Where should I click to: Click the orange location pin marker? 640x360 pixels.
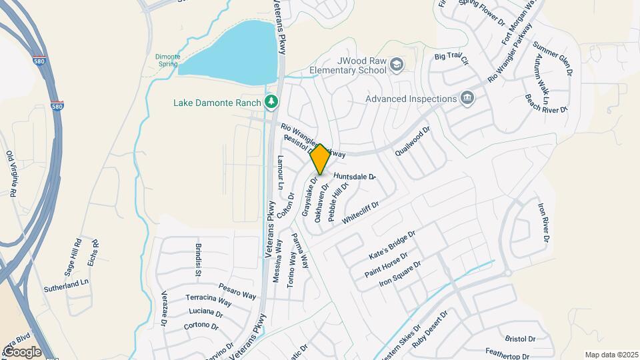[321, 159]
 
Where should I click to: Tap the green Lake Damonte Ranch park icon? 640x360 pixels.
[271, 102]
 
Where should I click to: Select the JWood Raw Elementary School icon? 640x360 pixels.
[397, 65]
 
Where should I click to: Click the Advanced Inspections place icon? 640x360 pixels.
[467, 99]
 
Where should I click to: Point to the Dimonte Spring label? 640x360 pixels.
[167, 60]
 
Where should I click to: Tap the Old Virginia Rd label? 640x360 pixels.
[11, 173]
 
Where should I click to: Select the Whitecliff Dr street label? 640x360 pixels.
[360, 213]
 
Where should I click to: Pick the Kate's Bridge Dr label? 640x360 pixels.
[392, 246]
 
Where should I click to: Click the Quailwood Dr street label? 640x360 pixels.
[413, 141]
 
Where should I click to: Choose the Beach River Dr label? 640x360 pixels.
[546, 102]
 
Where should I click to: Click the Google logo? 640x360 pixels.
[22, 351]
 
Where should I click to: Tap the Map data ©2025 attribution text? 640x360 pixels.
[611, 355]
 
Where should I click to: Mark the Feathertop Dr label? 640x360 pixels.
[507, 354]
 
